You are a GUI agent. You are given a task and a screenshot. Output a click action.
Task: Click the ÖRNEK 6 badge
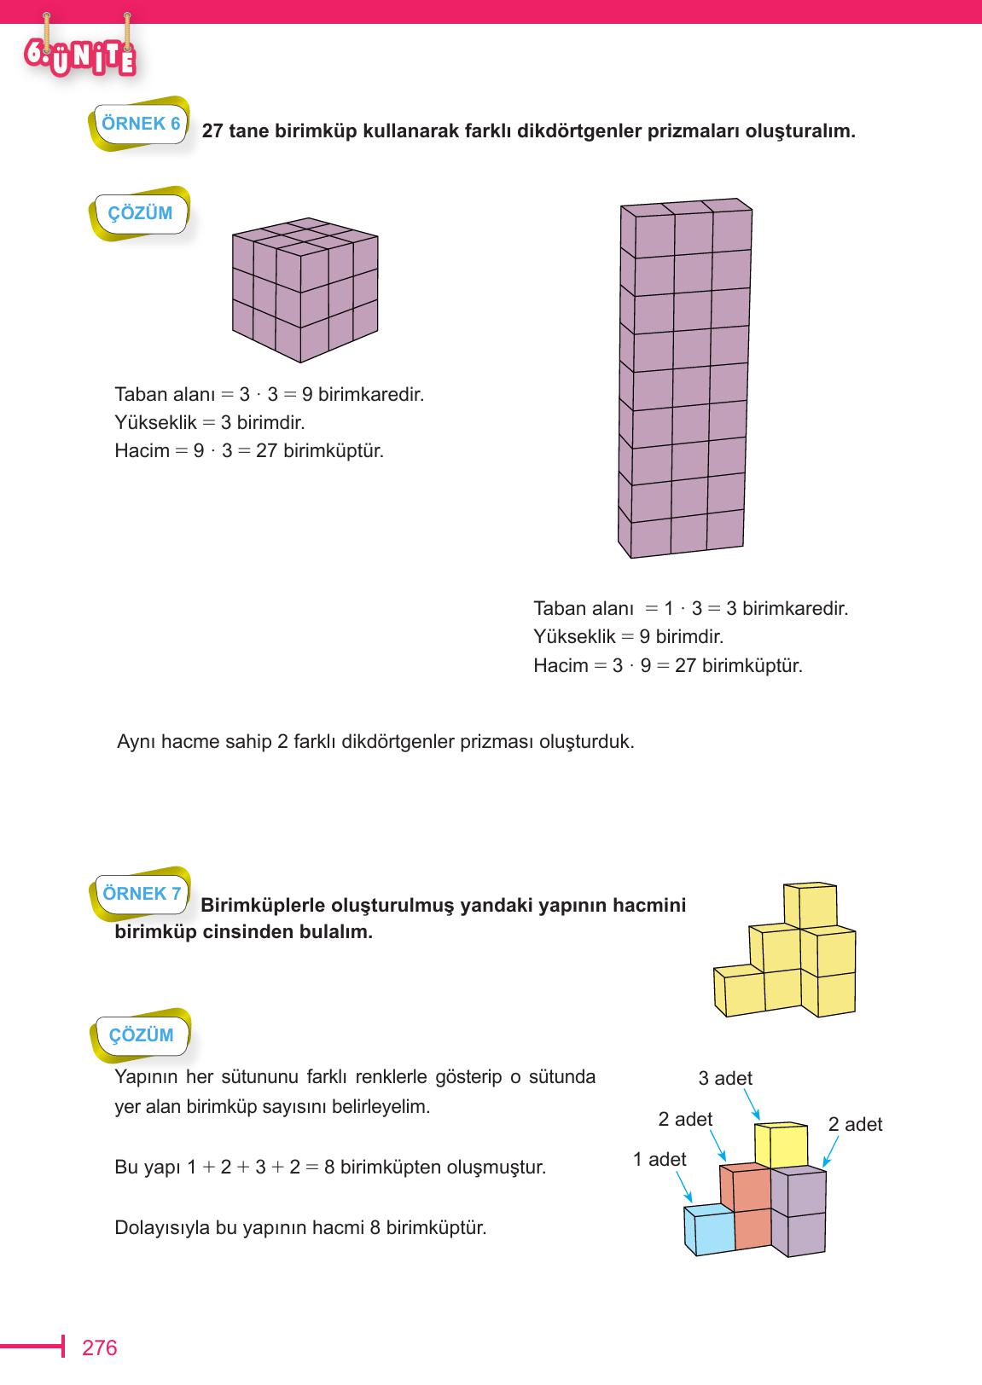pos(141,124)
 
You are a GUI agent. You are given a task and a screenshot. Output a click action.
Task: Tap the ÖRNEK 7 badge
pos(142,894)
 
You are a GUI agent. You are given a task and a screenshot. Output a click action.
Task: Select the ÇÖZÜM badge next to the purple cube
pos(140,213)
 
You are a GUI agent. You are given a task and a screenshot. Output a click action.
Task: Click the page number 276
pos(99,1347)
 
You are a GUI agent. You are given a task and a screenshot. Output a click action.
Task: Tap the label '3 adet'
pos(725,1078)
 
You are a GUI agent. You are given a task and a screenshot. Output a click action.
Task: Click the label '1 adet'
pos(660,1159)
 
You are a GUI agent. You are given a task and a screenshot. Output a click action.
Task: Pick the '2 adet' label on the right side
pos(855,1124)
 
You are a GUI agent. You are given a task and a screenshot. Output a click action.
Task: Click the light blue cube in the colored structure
pos(708,1230)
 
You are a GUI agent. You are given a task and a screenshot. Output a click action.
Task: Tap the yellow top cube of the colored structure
pos(781,1145)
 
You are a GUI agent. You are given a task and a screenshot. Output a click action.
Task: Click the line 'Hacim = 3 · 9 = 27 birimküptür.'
pos(668,665)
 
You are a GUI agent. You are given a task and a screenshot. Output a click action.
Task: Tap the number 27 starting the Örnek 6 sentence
pos(213,132)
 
